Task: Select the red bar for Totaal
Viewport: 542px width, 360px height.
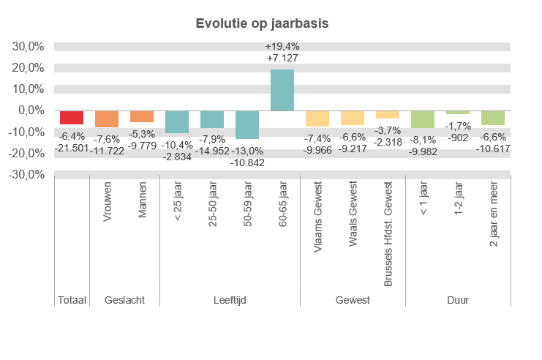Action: pos(72,117)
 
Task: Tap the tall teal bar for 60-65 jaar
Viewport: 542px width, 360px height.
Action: pos(282,90)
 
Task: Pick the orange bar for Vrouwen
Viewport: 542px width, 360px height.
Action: pos(107,119)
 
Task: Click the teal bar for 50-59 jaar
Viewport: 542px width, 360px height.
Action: pos(247,124)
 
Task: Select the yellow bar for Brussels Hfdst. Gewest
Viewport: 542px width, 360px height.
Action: pos(388,114)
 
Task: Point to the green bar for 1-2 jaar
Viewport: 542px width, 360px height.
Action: pos(458,112)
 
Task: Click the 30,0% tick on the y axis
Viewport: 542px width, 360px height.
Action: pos(29,46)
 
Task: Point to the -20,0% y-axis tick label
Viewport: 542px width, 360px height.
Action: pos(27,154)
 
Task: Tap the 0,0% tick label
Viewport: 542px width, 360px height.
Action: pos(31,110)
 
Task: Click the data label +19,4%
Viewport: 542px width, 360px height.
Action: pos(282,46)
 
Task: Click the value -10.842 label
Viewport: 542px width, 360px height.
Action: pos(247,162)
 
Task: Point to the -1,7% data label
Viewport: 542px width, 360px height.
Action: pos(458,126)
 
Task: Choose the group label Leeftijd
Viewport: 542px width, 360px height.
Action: pos(230,300)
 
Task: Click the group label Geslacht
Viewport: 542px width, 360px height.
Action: pos(124,300)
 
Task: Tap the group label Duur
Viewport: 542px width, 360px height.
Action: pos(458,300)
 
